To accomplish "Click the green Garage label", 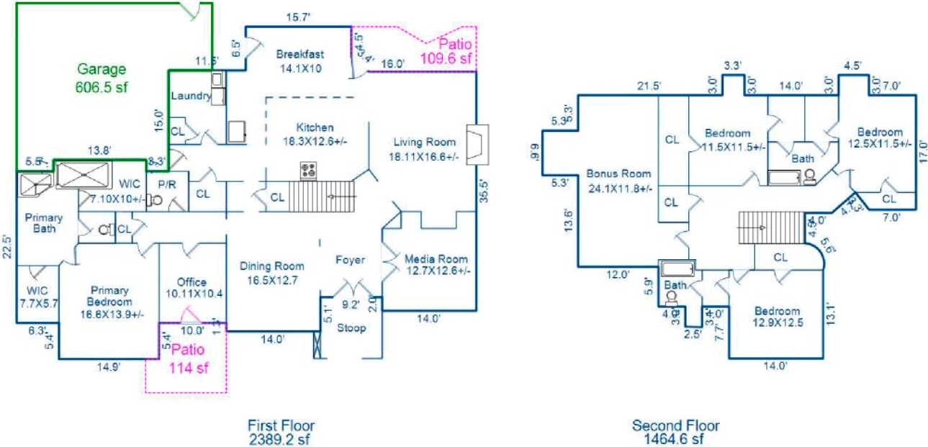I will pyautogui.click(x=102, y=70).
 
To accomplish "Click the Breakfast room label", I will pyautogui.click(x=299, y=54).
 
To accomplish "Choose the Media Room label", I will pyautogui.click(x=436, y=259).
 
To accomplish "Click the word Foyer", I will pyautogui.click(x=350, y=260).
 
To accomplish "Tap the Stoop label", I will pyautogui.click(x=352, y=328).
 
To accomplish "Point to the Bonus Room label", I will pyautogui.click(x=618, y=173).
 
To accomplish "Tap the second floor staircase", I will pyautogui.click(x=771, y=227).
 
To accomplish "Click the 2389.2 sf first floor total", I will pyautogui.click(x=281, y=437).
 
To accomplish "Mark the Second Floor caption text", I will pyautogui.click(x=675, y=425).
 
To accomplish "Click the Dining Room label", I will pyautogui.click(x=272, y=266).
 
